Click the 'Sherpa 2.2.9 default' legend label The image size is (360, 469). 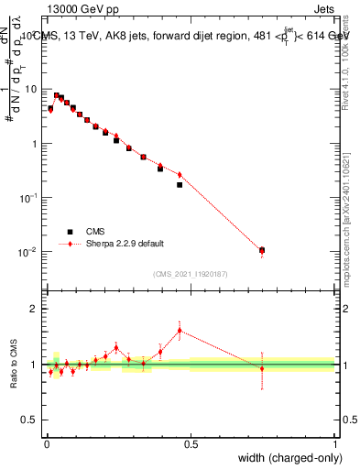click(x=125, y=244)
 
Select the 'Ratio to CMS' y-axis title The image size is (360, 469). click(x=14, y=365)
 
